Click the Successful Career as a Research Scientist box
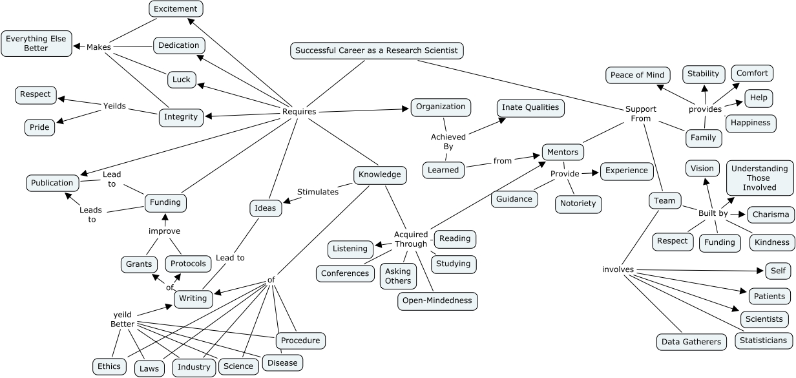tap(377, 50)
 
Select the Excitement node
tap(176, 8)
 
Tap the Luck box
tap(182, 79)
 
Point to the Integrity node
tap(181, 117)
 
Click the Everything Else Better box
tap(36, 43)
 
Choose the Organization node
tap(441, 107)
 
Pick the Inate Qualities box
tap(530, 107)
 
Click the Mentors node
tap(563, 152)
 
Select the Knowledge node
tap(380, 174)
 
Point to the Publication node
tap(53, 183)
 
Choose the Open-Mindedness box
tap(437, 300)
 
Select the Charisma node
tap(771, 215)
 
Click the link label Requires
tap(299, 112)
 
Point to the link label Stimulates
tap(318, 192)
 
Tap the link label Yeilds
tap(114, 106)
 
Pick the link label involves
tap(618, 269)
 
